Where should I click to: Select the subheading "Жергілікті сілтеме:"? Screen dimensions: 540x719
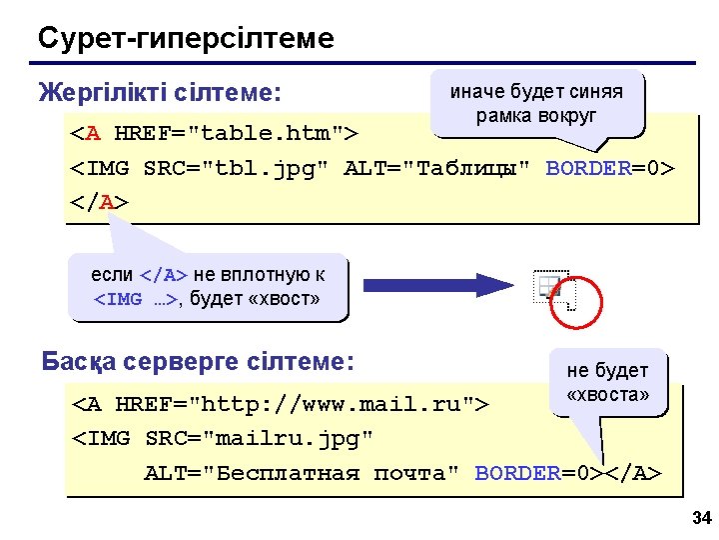159,94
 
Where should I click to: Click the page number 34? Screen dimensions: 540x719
700,518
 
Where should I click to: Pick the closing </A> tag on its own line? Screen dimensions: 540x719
99,201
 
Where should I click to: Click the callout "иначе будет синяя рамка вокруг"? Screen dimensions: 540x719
536,104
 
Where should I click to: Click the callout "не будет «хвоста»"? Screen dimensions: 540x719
607,382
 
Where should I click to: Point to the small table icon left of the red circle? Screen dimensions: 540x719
548,288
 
